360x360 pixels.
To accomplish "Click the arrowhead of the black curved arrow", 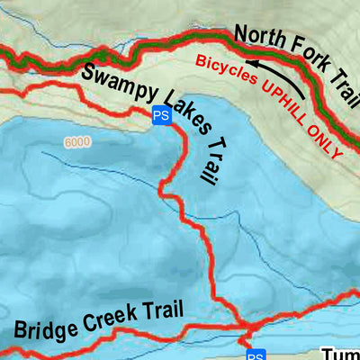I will point(254,65).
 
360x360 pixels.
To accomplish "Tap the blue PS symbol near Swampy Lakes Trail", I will point(161,115).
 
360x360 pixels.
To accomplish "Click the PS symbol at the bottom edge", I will point(256,355).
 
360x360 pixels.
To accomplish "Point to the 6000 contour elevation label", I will point(78,142).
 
